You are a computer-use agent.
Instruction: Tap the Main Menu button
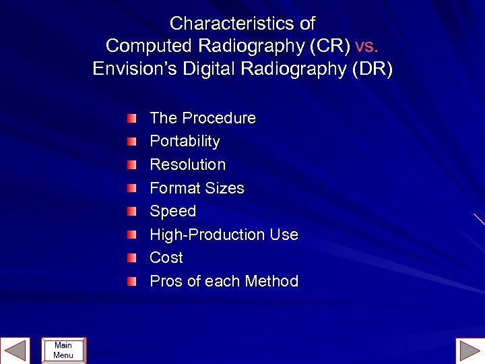tap(63, 351)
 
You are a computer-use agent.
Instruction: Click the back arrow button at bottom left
tap(14, 351)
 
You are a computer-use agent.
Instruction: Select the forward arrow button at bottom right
tap(470, 351)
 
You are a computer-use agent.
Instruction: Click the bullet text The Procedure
tap(203, 118)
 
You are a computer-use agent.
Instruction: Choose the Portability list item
tap(185, 141)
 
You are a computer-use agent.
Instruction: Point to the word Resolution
tap(187, 164)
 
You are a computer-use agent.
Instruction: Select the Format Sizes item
tap(197, 188)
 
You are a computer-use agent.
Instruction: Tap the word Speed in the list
tap(172, 211)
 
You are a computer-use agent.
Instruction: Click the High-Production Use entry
tap(224, 235)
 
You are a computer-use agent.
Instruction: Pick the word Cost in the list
tap(166, 257)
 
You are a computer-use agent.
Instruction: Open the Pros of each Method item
tap(224, 281)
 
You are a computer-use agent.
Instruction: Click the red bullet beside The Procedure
tap(131, 119)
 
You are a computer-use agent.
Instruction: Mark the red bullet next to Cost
tap(131, 258)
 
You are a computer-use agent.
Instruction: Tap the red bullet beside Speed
tap(131, 212)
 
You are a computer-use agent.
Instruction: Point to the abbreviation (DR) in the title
tap(369, 69)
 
